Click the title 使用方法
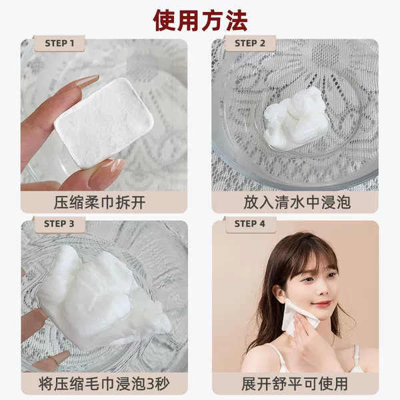click(200, 21)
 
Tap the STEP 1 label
click(59, 43)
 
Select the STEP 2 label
click(250, 43)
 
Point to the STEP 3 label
click(59, 224)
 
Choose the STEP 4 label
click(250, 224)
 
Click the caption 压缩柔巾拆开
click(99, 203)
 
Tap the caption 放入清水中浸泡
click(297, 203)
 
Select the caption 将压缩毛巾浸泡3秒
click(104, 383)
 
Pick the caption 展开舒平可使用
click(295, 383)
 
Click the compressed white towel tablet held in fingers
click(103, 123)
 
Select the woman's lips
click(321, 303)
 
